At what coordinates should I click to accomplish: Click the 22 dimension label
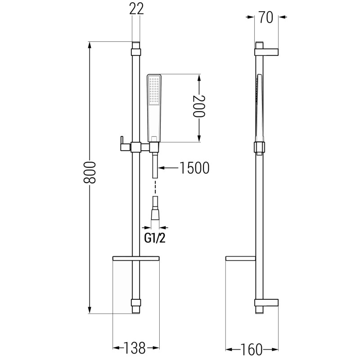tap(136, 9)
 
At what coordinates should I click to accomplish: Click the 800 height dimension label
tap(89, 172)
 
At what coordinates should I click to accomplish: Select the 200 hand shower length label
tap(198, 106)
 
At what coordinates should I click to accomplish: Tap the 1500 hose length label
tap(194, 168)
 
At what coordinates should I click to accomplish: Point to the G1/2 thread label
tap(155, 238)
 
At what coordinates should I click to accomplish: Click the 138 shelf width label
tap(135, 348)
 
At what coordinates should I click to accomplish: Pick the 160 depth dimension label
tap(251, 350)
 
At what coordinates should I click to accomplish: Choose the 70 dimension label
tap(266, 18)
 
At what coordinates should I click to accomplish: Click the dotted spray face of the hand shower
tap(153, 90)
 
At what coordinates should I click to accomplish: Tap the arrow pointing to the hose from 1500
tap(168, 168)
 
